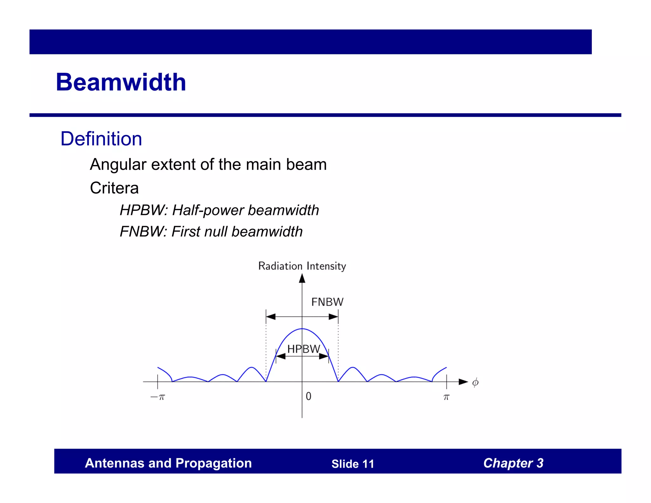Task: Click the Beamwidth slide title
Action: pos(121,82)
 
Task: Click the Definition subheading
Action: pos(101,139)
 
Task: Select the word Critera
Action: pos(114,188)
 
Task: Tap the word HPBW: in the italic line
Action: pos(144,210)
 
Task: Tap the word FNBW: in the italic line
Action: pos(143,231)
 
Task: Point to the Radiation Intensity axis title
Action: pos(302,266)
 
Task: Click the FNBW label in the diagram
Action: pos(327,302)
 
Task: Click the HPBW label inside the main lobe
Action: pos(304,349)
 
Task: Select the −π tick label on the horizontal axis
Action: pos(158,397)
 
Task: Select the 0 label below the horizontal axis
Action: pos(308,396)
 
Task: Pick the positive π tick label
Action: pos(446,397)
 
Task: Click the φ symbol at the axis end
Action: pos(475,382)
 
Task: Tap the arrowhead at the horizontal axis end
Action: pos(463,382)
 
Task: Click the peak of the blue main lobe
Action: pos(302,329)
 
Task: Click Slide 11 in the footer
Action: pos(353,464)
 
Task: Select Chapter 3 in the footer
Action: pos(513,463)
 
